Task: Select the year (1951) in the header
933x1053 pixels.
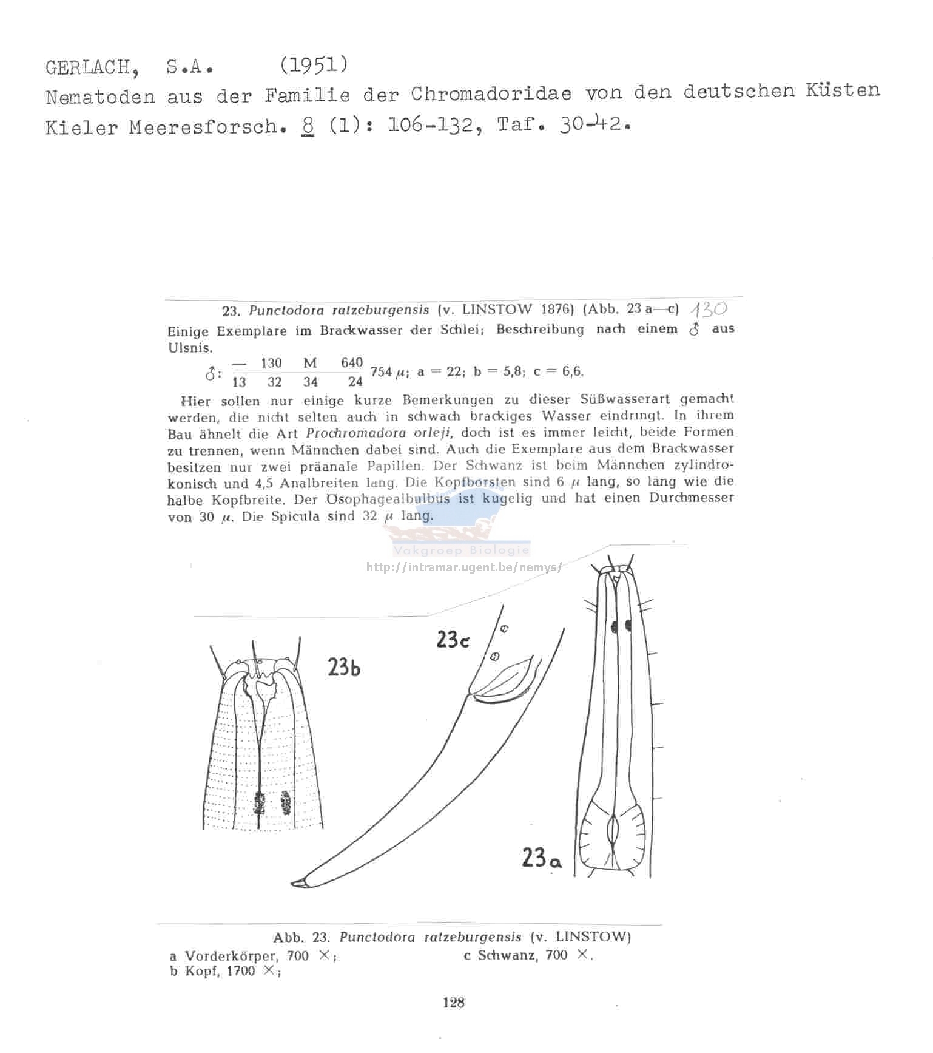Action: tap(314, 64)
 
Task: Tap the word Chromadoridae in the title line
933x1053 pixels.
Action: tap(491, 94)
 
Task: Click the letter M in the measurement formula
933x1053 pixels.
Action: tap(310, 363)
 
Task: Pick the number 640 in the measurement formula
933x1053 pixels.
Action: tap(351, 363)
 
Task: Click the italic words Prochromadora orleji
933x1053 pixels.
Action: tap(383, 433)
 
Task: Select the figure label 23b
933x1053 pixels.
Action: tap(344, 667)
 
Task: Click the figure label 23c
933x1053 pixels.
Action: tap(453, 640)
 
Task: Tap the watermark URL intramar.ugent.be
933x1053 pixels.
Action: tap(463, 567)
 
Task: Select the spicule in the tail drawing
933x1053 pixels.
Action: tap(504, 683)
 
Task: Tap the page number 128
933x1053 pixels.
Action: tap(453, 1003)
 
